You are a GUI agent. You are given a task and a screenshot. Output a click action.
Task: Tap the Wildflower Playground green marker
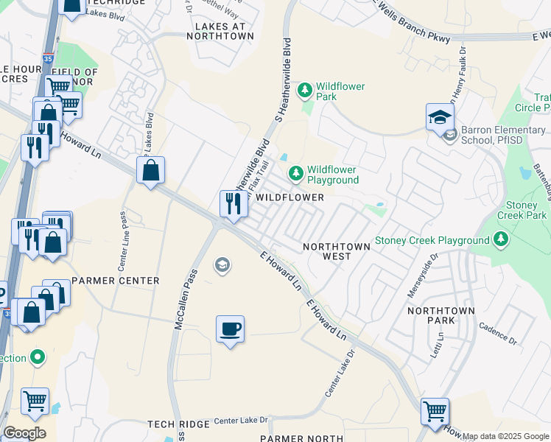pos(295,173)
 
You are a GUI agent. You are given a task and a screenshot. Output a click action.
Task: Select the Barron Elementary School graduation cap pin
pos(439,118)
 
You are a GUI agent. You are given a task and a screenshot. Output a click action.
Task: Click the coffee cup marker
pos(230,328)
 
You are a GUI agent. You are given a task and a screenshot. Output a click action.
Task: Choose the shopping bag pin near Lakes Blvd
pos(150,171)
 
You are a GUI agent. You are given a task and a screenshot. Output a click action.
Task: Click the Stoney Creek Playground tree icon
pos(501,239)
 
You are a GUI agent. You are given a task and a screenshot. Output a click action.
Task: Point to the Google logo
pos(24,433)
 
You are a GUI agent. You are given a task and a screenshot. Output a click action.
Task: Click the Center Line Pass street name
pos(122,236)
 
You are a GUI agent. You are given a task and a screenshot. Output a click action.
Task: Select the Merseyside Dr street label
pos(422,276)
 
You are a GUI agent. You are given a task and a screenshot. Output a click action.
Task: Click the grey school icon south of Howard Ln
pos(222,264)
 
